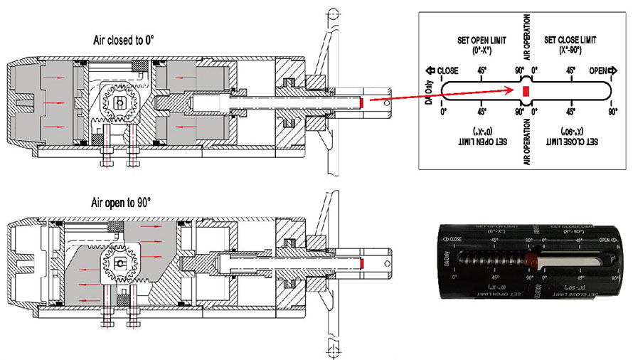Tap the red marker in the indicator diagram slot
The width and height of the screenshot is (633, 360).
526,92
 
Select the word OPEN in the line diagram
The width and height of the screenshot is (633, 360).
598,72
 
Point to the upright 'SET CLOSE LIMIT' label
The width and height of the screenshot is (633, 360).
570,45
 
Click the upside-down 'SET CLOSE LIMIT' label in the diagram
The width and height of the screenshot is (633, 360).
570,137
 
